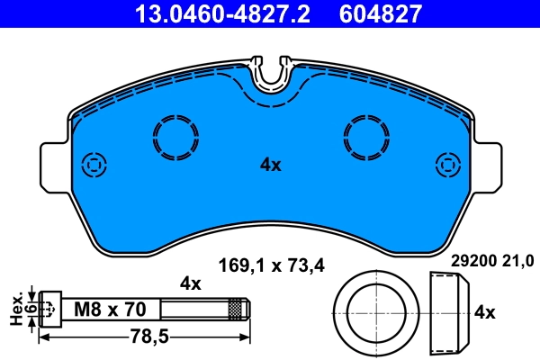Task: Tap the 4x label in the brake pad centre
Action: pos(271,165)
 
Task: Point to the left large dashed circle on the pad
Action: pos(175,138)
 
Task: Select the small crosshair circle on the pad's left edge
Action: pos(93,165)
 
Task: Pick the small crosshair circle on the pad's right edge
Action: pos(447,165)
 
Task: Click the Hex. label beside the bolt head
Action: pos(14,308)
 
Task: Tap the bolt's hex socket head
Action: pos(50,308)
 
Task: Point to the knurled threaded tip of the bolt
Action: pos(238,309)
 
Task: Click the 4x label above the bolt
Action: pos(190,283)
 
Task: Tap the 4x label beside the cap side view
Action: pos(484,312)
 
